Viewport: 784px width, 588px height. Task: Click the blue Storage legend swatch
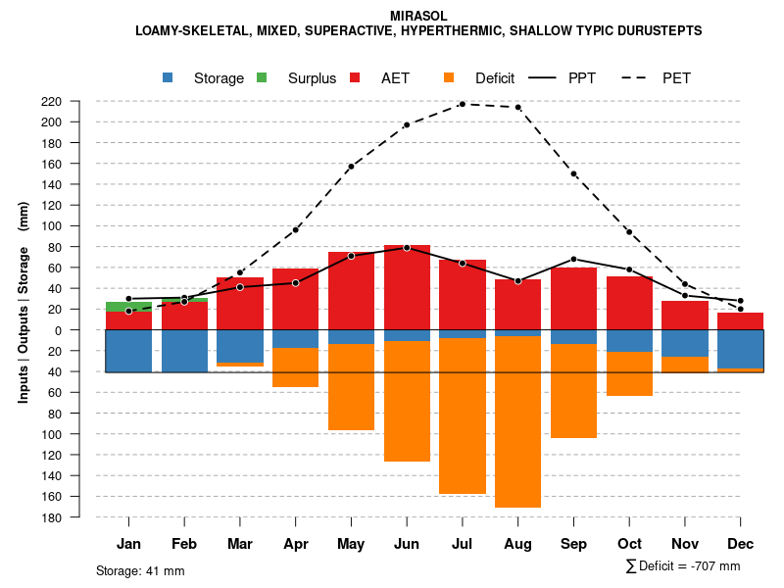pyautogui.click(x=169, y=77)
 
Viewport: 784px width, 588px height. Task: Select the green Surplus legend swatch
pyautogui.click(x=262, y=77)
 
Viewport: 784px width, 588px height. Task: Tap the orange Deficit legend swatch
pyautogui.click(x=449, y=77)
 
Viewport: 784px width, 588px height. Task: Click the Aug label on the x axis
pyautogui.click(x=517, y=544)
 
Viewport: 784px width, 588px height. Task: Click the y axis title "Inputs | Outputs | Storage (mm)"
pyautogui.click(x=24, y=302)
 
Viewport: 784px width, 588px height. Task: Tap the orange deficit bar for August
pyautogui.click(x=517, y=421)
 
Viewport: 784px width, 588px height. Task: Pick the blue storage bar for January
pyautogui.click(x=128, y=351)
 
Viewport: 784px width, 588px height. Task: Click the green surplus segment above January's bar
pyautogui.click(x=128, y=307)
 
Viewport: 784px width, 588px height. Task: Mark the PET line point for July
pyautogui.click(x=462, y=104)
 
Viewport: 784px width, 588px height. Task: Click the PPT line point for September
pyautogui.click(x=573, y=259)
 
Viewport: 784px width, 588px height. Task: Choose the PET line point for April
pyautogui.click(x=295, y=230)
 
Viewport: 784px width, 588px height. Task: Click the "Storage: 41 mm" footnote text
pyautogui.click(x=140, y=570)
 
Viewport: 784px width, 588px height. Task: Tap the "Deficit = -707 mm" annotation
pyautogui.click(x=683, y=566)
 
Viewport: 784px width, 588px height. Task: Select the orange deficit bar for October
pyautogui.click(x=629, y=373)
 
